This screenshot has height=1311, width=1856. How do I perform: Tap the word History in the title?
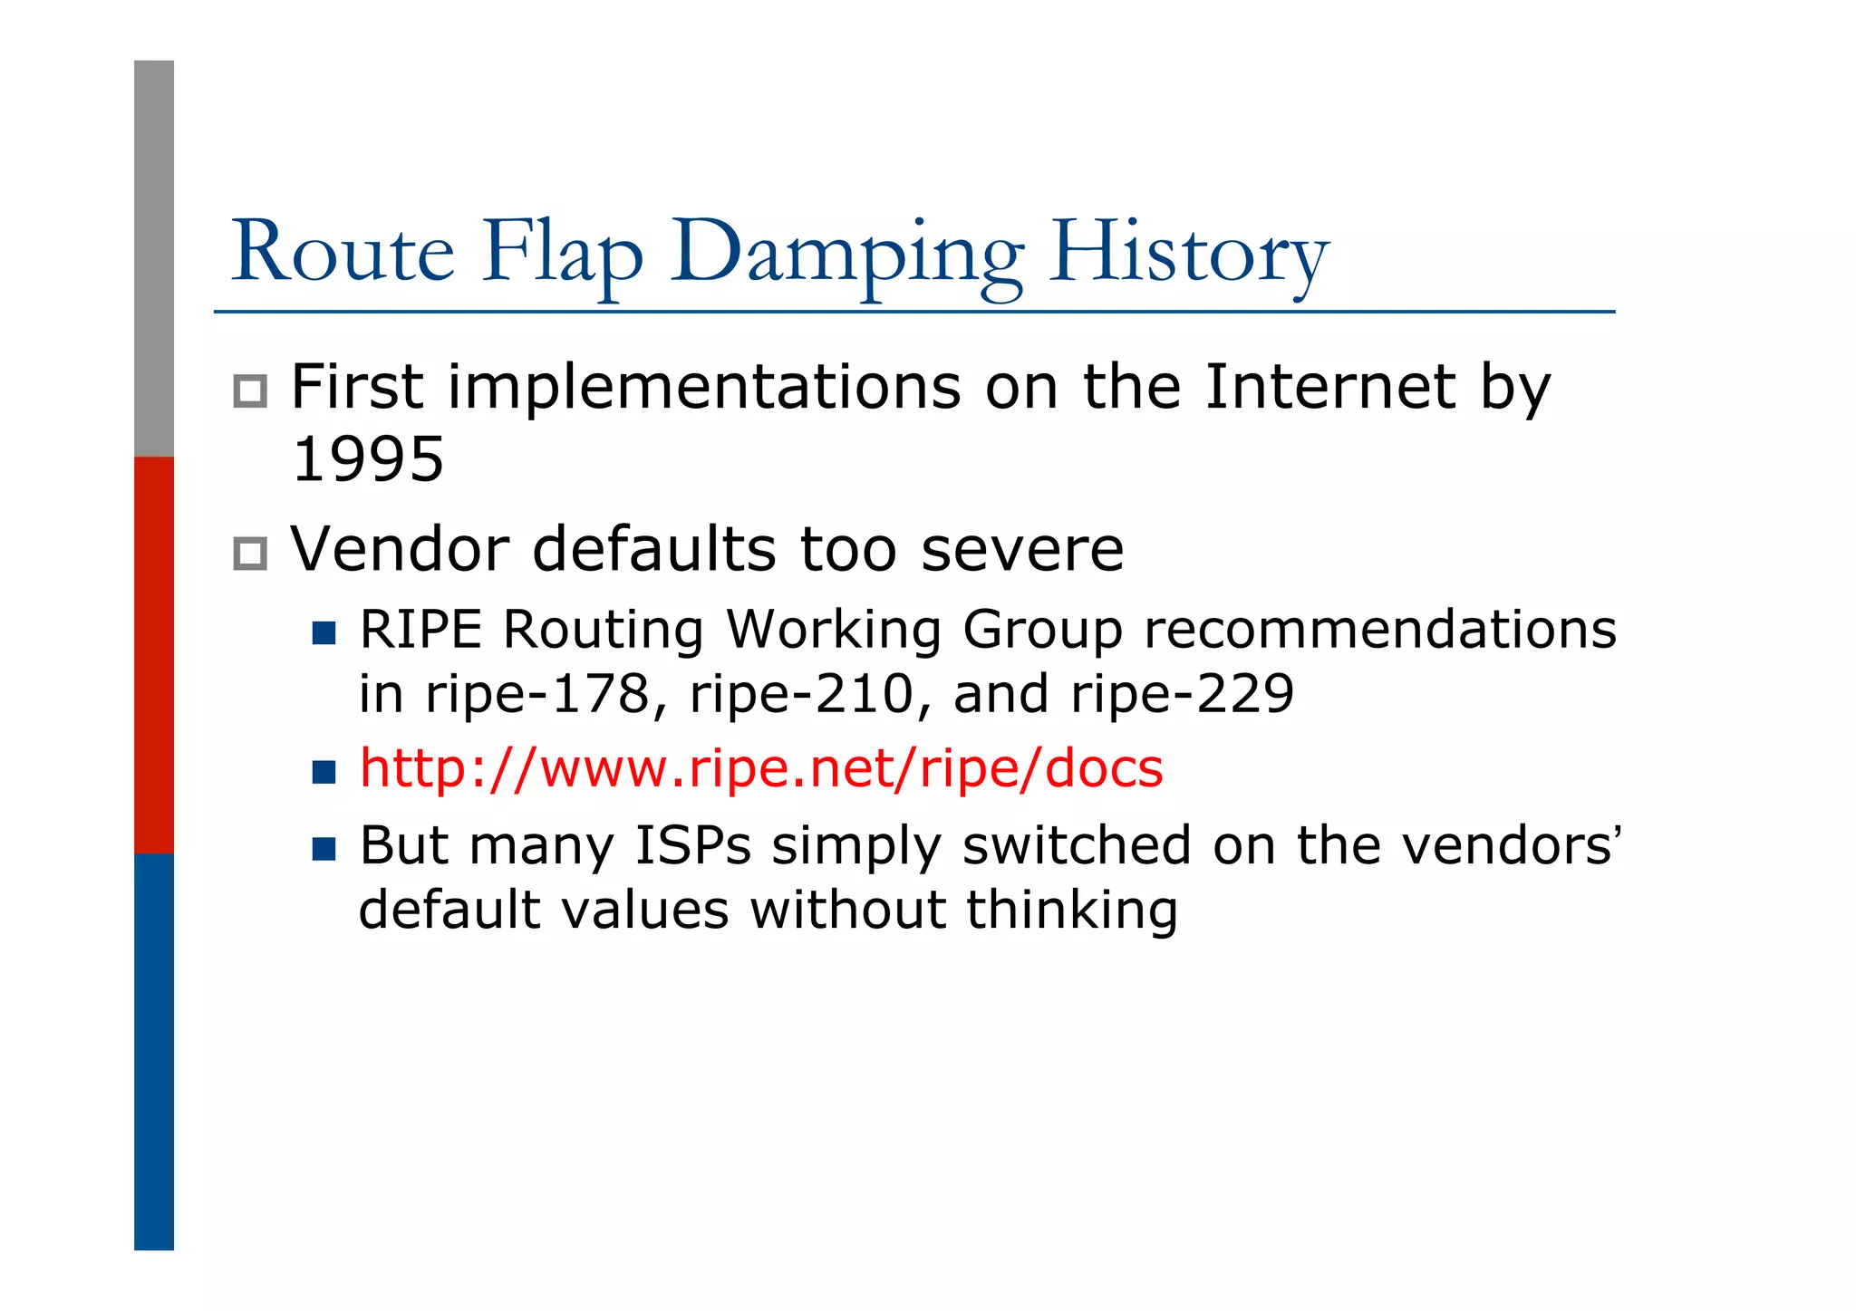pos(1188,254)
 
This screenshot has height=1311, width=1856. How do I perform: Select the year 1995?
pos(368,459)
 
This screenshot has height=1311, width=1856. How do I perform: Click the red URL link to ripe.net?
pos(760,769)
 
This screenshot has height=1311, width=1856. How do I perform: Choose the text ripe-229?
pos(1182,695)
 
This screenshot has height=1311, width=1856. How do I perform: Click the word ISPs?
pos(692,845)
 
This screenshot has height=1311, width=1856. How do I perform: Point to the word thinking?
pos(1071,910)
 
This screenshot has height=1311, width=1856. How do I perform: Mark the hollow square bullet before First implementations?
pos(250,391)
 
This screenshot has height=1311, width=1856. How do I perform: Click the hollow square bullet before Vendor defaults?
pos(250,554)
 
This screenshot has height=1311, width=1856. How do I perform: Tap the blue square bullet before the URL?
pos(324,772)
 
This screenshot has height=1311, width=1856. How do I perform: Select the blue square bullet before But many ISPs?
pos(324,849)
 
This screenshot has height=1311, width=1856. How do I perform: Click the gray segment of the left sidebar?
pos(154,258)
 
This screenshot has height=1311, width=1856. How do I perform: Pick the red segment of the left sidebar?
pos(154,654)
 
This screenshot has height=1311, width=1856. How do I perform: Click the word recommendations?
pos(1379,630)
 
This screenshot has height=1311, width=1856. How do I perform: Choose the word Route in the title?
pos(343,254)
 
